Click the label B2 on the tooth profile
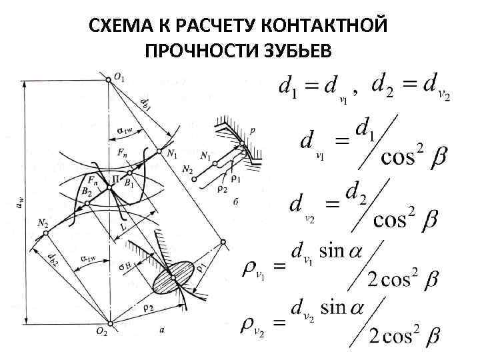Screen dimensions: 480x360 click(x=87, y=191)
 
